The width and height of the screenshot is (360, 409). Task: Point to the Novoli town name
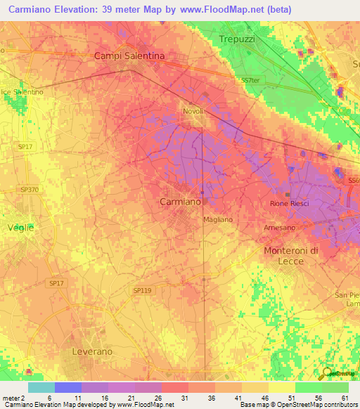[193, 112]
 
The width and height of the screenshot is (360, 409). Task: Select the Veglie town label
[20, 228]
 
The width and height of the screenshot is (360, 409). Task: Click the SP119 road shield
[142, 290]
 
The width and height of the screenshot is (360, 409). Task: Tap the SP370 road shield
[29, 190]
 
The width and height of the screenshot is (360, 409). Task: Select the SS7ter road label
[250, 80]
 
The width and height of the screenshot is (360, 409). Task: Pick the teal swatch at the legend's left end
[41, 387]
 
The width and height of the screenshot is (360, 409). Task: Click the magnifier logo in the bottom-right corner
[327, 374]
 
